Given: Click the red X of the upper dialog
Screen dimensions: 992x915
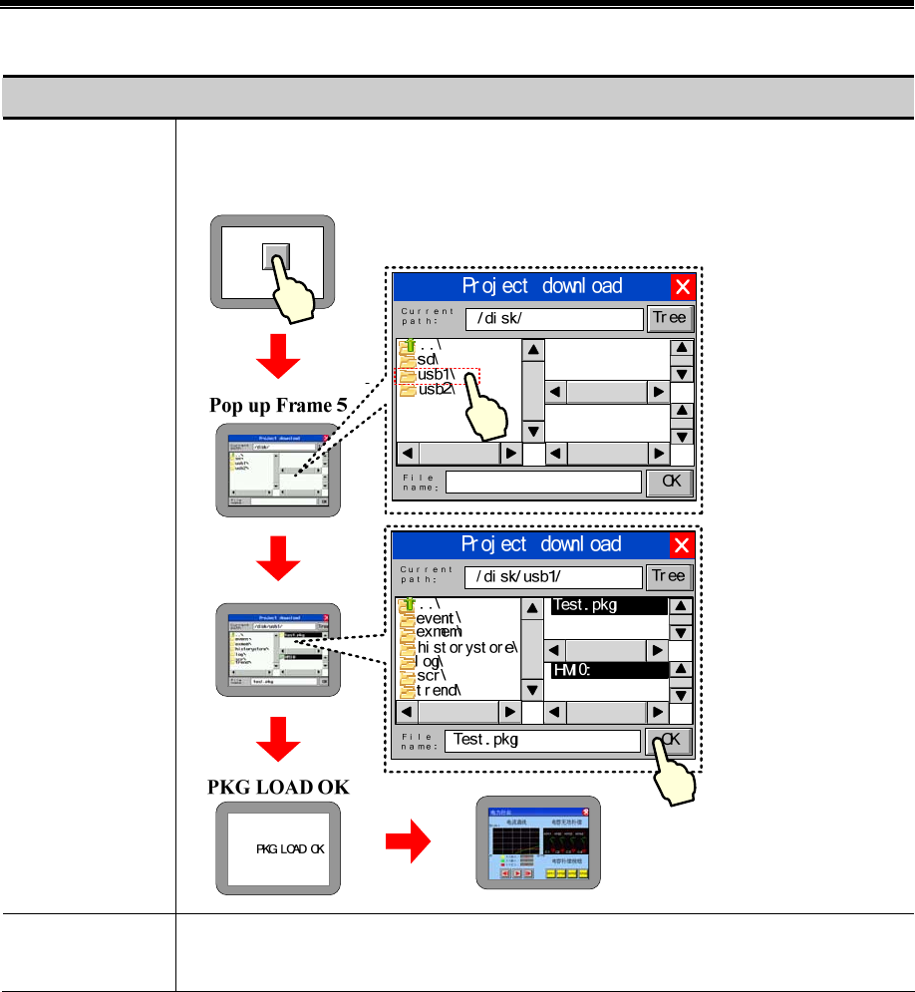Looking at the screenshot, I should click(682, 288).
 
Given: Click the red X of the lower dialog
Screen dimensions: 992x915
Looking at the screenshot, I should click(682, 545).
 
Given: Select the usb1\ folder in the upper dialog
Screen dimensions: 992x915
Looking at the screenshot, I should click(437, 375).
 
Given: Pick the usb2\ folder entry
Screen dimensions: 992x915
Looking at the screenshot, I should click(437, 390).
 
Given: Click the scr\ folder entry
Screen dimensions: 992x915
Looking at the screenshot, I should click(433, 675).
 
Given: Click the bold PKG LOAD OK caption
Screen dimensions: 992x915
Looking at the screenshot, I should click(278, 786).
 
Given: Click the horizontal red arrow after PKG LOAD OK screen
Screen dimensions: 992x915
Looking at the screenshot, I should click(409, 846).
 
